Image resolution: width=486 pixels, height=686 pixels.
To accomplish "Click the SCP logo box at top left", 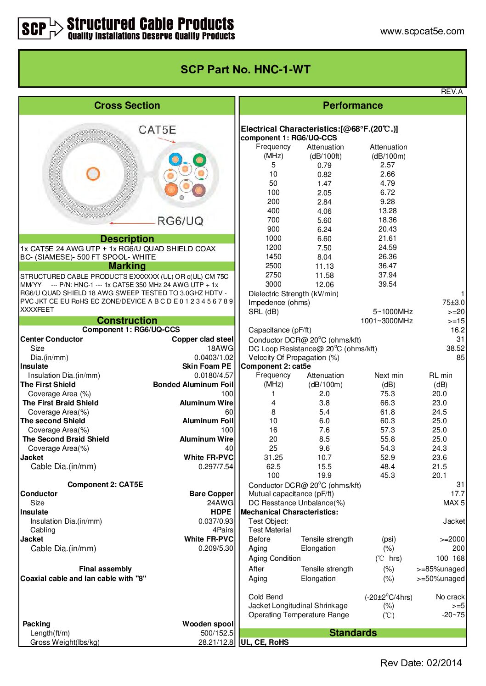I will coord(34,28).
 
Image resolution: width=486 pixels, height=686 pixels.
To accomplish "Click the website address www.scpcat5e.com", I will coord(422,31).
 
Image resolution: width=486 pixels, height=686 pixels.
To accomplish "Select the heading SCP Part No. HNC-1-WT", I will coord(245,70).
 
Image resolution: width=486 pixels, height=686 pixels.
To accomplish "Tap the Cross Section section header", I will coord(127,105).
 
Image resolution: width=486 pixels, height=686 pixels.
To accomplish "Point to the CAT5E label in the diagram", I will coord(157,130).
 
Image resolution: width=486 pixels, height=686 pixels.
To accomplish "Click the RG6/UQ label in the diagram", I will coord(180,221).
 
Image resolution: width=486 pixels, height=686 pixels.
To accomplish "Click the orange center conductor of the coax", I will coord(93,174).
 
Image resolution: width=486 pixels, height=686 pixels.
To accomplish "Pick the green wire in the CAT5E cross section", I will coord(199,160).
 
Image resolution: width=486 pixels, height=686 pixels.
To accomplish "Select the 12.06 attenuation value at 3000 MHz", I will coord(324,285).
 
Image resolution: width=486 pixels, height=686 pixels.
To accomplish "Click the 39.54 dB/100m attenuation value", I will coord(387,284).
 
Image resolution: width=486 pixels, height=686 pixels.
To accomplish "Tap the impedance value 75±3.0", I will coord(453,303).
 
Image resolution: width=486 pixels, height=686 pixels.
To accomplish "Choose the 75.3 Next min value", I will coord(387,394).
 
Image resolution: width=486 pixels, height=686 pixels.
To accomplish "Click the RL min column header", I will coord(440,376).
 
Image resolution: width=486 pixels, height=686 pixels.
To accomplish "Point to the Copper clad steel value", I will coord(202,339).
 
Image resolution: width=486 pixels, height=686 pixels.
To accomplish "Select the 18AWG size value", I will coord(220,349).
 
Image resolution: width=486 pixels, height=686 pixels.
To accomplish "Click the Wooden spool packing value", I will coord(208,624).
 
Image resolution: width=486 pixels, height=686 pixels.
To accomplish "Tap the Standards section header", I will coord(353,633).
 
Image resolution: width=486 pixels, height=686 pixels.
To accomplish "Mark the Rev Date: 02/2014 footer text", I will coord(421,663).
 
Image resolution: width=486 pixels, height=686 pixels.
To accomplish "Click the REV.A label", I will coord(452,92).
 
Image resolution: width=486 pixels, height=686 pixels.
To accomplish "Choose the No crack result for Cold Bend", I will coord(450,597).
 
